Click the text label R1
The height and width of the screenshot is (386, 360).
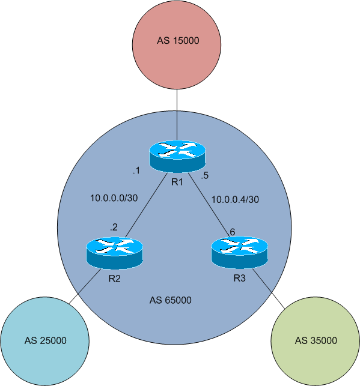177,181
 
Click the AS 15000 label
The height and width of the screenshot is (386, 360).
177,41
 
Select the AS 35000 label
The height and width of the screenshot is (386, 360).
316,340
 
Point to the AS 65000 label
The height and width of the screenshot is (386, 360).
170,300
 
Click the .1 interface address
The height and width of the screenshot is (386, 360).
136,171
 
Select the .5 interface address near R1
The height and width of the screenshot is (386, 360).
206,176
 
